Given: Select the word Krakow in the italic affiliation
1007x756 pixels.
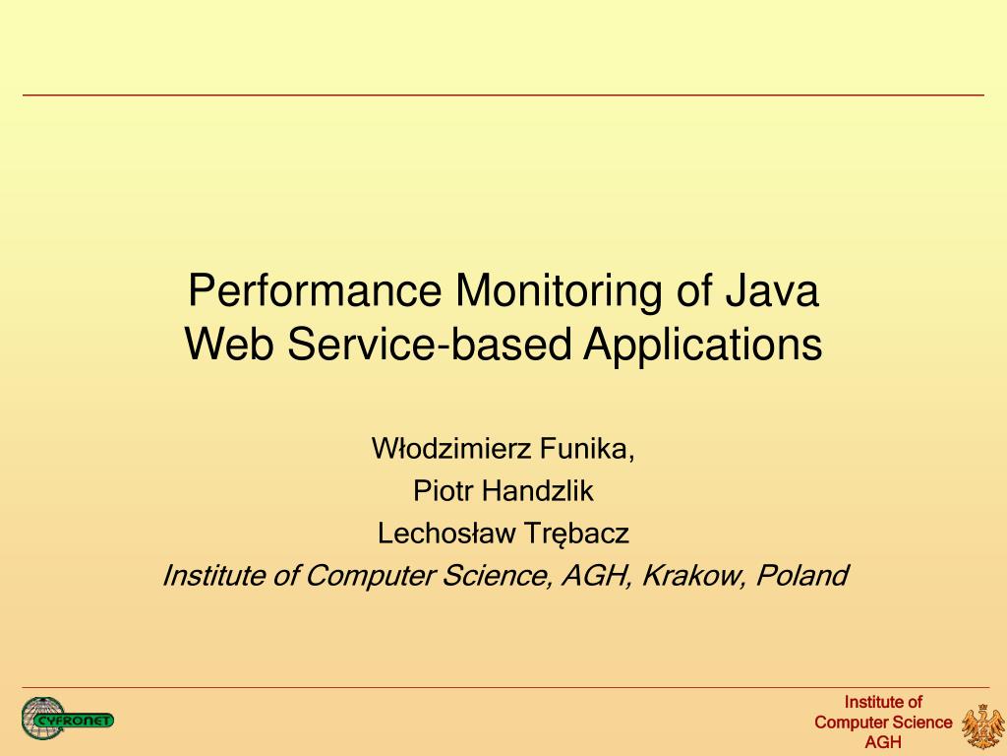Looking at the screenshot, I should [694, 575].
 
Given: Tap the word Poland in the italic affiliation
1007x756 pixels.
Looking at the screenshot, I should [801, 575].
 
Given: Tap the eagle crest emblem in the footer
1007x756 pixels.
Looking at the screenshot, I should [980, 725].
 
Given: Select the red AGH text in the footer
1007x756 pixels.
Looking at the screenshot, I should [882, 743].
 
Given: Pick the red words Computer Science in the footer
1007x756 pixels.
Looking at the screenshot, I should [883, 723].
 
